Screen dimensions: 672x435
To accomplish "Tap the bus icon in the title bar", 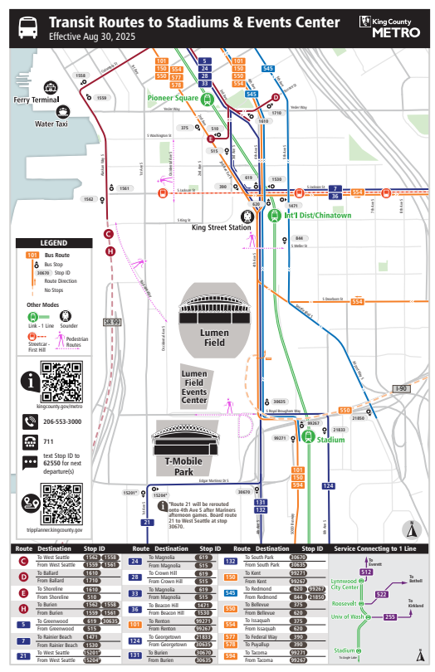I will (x=27, y=27).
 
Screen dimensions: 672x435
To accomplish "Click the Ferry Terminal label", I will (x=36, y=100).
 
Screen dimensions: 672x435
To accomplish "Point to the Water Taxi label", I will (x=51, y=124).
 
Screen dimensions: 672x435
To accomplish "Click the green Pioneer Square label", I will (x=174, y=98).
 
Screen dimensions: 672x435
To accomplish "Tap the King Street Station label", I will (x=222, y=226).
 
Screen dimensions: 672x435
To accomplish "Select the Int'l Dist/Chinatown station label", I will (x=318, y=216).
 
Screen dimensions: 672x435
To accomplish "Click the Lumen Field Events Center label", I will (x=193, y=388).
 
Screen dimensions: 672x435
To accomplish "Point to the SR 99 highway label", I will (x=112, y=322).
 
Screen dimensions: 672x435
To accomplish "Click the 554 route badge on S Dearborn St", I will (x=357, y=301).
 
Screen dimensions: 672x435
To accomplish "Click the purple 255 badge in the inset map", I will (x=389, y=616).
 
